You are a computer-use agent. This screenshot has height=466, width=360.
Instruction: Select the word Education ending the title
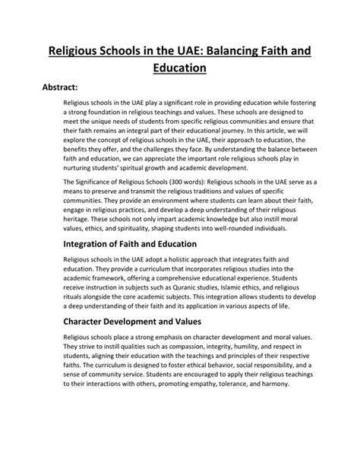click(179, 68)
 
